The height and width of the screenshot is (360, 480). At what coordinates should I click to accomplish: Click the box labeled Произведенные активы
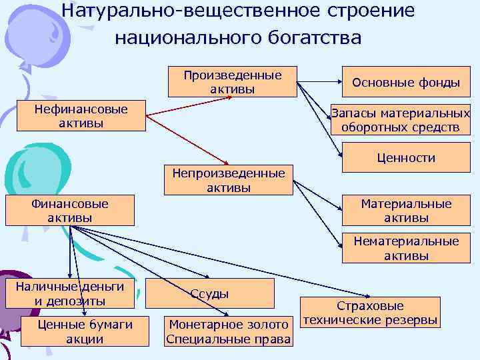(x=232, y=82)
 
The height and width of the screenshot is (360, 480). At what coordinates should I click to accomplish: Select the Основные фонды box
(x=405, y=83)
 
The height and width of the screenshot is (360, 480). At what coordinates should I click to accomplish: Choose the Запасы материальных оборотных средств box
(x=400, y=120)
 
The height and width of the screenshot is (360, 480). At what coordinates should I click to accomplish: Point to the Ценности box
(x=405, y=158)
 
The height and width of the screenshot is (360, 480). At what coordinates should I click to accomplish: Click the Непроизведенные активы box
(x=229, y=180)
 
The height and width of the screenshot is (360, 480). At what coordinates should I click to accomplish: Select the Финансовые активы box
(x=69, y=210)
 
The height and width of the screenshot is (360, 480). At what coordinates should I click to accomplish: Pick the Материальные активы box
(x=405, y=211)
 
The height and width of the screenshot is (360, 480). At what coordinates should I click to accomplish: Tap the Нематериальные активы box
(x=405, y=248)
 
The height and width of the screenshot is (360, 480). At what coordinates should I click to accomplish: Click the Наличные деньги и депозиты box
(x=70, y=294)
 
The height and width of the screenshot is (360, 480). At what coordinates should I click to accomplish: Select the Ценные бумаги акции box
(x=85, y=331)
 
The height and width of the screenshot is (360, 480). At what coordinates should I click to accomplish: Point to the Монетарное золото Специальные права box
(x=228, y=331)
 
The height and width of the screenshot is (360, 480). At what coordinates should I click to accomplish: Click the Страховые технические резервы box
(x=370, y=313)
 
